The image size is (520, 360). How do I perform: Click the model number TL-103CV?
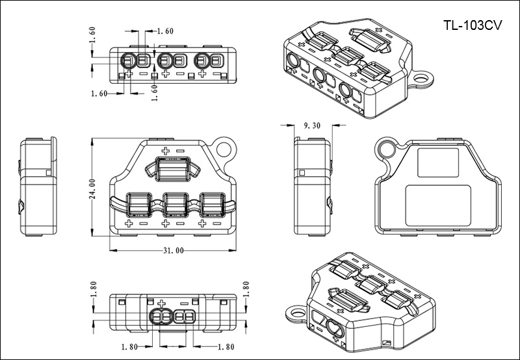coord(473,27)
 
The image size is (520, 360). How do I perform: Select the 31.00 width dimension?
coord(174,251)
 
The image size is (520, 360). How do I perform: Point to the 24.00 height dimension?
coord(93,189)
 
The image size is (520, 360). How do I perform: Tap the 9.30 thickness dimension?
coord(312,126)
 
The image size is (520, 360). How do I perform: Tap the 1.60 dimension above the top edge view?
coord(148,31)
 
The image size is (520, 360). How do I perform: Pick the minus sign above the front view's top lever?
coord(181,151)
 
